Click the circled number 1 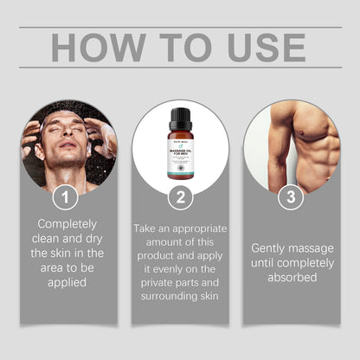(60, 197)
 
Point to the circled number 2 (180, 197)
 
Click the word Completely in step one (60, 222)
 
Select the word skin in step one (63, 253)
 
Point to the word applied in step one (60, 284)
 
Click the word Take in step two (148, 228)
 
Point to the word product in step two (156, 255)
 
